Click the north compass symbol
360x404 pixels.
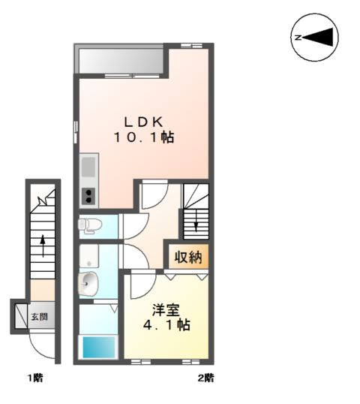click(x=314, y=36)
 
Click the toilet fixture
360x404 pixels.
click(x=91, y=225)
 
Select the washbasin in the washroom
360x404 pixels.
click(x=89, y=282)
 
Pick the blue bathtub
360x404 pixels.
click(x=98, y=348)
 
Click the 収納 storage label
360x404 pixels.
click(x=187, y=258)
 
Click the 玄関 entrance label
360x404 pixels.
click(x=39, y=316)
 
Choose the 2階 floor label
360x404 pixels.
click(x=205, y=377)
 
